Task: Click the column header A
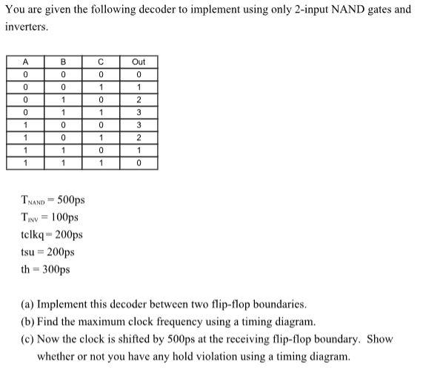point(25,62)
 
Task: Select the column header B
point(63,62)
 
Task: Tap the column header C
point(101,62)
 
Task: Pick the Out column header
point(139,62)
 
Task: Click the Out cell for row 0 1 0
point(139,99)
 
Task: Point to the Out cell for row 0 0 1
point(139,87)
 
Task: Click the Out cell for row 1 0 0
point(139,125)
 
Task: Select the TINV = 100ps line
point(50,217)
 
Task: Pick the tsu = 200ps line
point(47,251)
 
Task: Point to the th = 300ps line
point(45,268)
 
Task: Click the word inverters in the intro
point(24,27)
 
